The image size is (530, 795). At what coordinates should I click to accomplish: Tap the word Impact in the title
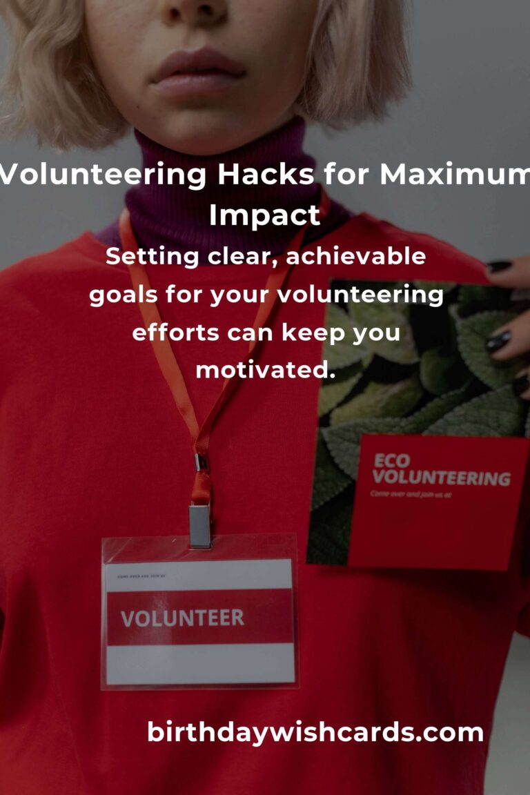point(265,215)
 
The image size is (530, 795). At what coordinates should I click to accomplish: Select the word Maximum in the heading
point(454,175)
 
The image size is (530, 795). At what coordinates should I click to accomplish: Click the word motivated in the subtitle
point(265,370)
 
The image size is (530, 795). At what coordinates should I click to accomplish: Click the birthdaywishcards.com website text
point(315,732)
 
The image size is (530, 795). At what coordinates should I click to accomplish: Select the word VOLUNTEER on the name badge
point(182,617)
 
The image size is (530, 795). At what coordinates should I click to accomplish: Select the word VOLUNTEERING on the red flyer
point(442,478)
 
